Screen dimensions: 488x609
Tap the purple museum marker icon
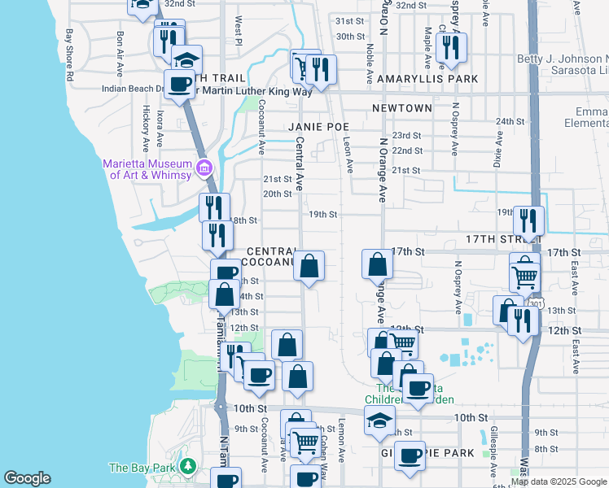click(204, 169)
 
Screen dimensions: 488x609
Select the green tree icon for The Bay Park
click(189, 467)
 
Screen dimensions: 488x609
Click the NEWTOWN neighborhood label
click(401, 108)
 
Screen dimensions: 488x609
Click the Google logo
click(27, 478)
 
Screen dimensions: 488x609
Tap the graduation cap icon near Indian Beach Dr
click(186, 59)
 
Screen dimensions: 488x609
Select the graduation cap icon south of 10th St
click(379, 420)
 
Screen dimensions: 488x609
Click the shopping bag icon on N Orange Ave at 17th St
click(378, 264)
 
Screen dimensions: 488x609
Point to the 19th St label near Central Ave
click(322, 214)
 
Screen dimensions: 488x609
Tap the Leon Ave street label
click(348, 154)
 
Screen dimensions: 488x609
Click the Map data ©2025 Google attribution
click(559, 481)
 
